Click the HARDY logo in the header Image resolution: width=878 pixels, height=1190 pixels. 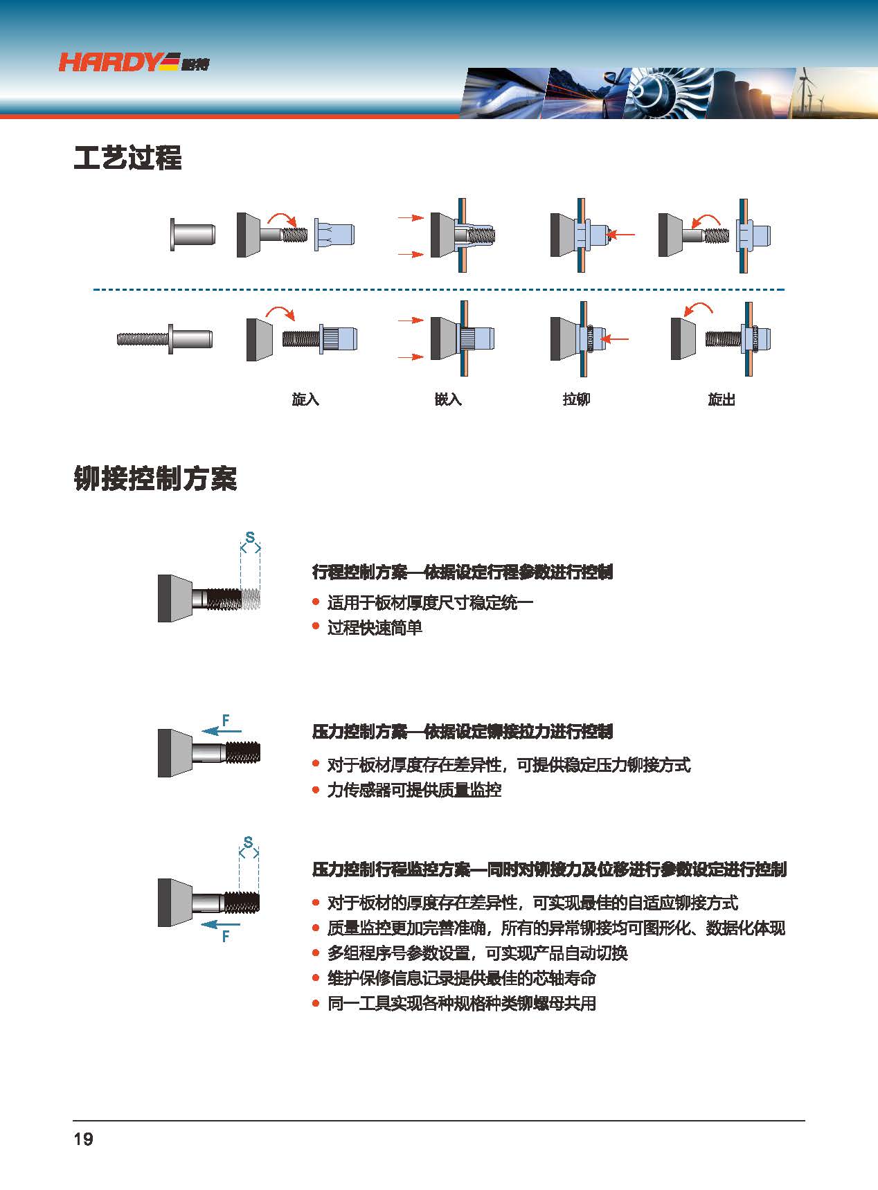tap(134, 62)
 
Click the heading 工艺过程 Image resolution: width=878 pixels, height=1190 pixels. tap(128, 158)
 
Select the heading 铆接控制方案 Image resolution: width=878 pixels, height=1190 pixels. tap(155, 478)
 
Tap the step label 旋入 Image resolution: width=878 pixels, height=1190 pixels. tap(305, 399)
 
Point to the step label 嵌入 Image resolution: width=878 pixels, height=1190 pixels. tap(448, 399)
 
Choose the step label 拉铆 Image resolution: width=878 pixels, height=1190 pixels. tap(576, 399)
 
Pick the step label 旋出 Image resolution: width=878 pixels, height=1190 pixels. tap(722, 399)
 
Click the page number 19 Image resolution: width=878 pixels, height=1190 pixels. tap(83, 1139)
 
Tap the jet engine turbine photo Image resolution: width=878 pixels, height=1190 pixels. tap(665, 92)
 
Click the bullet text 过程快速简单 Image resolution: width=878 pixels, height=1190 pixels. tap(375, 628)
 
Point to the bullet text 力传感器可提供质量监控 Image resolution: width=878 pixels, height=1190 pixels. tap(414, 790)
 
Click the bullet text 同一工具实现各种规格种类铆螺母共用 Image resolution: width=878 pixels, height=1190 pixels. tap(462, 1003)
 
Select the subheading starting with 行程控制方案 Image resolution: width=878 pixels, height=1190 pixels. tap(463, 573)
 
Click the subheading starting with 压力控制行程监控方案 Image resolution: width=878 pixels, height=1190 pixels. tap(550, 869)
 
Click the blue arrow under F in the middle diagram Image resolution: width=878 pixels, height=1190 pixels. tap(222, 731)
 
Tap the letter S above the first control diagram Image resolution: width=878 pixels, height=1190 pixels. tap(250, 537)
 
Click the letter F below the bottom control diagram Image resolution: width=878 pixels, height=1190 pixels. tap(226, 937)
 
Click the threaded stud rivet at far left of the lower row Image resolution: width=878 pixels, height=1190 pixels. tap(165, 339)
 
